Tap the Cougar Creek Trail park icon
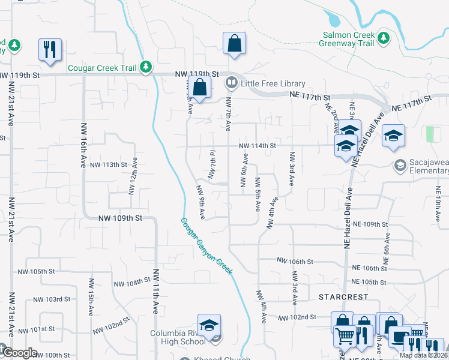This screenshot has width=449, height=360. point(145,67)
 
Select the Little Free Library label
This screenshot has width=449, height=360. point(273,84)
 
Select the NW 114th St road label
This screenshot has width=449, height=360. point(257,146)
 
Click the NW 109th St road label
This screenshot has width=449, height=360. point(120,218)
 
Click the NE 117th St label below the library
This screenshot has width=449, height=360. point(310,97)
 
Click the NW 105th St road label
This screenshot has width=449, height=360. point(44,271)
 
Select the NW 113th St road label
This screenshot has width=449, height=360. point(109,164)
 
